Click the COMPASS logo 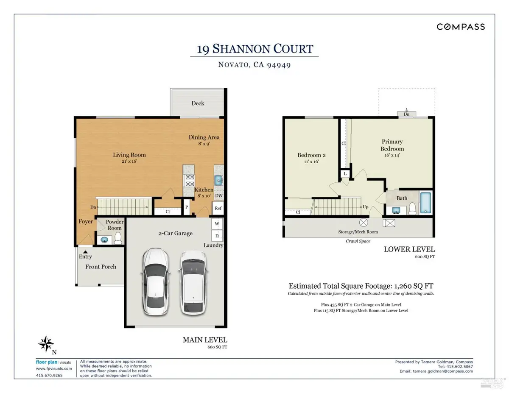(x=461, y=27)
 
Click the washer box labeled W (x=217, y=223)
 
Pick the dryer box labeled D (x=217, y=235)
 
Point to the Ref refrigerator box (x=218, y=208)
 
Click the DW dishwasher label (x=218, y=195)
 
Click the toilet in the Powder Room (x=118, y=237)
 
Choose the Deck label (x=198, y=103)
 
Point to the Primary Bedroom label (x=392, y=145)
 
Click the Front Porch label (x=101, y=267)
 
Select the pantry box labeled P (x=186, y=207)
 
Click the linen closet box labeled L (x=346, y=174)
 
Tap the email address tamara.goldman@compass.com (x=442, y=371)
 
